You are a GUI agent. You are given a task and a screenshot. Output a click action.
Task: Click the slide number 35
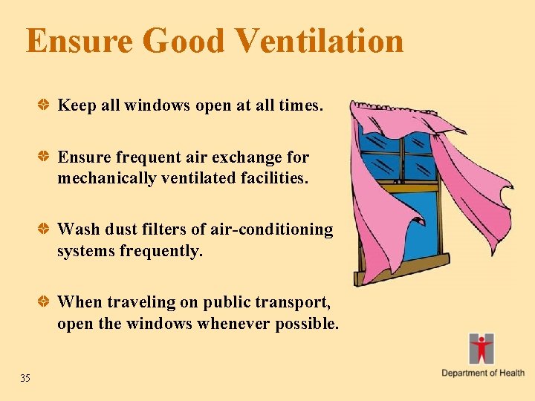pos(25,379)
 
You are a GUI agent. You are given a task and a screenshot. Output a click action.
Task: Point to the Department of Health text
pos(483,373)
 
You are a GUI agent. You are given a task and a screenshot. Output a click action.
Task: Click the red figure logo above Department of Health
pos(481,348)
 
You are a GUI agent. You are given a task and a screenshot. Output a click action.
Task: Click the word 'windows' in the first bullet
pos(157,105)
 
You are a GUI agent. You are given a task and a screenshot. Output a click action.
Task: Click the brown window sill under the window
pos(402,268)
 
